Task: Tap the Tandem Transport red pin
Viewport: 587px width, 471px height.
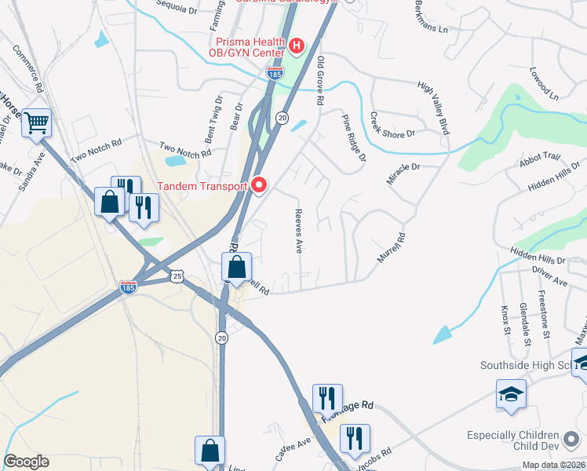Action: [x=260, y=186]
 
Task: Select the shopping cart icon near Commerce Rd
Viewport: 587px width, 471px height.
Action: [x=37, y=122]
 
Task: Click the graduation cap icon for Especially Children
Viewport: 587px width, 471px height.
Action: [x=511, y=393]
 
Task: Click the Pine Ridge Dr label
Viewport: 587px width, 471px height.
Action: [x=353, y=137]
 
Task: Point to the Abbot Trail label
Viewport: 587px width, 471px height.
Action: [x=540, y=160]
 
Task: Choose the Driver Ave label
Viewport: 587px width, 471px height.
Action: [x=549, y=276]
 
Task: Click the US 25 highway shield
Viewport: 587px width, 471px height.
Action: [x=179, y=276]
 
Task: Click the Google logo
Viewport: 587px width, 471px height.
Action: [x=26, y=462]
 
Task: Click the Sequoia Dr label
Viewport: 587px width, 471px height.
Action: [x=176, y=7]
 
